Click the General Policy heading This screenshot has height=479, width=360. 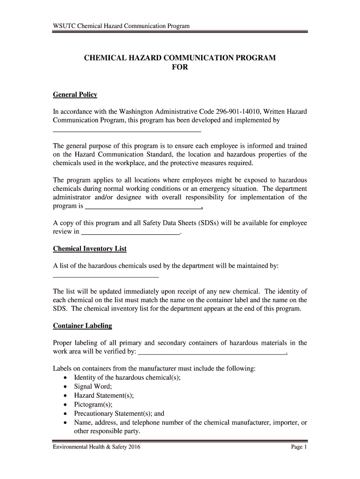(75, 94)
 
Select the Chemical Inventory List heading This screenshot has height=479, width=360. (90, 249)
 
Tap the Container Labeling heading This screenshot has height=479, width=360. (82, 326)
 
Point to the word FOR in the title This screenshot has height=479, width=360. (180, 67)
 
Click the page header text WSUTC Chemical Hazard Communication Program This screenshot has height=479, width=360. (121, 26)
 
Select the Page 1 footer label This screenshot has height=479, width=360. (298, 447)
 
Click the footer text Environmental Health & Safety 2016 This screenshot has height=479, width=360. (97, 447)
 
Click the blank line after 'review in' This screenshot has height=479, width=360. (130, 232)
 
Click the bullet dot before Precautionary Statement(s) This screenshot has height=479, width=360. (65, 414)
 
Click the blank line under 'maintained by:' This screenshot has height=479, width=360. (106, 277)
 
